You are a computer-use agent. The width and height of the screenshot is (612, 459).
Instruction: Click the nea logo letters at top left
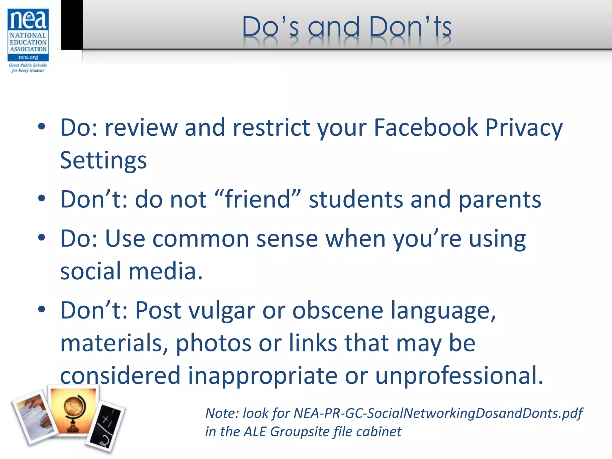[x=28, y=20]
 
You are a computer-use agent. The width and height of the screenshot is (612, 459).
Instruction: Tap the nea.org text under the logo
[x=28, y=57]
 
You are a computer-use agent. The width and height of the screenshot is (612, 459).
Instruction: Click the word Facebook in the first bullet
[x=426, y=128]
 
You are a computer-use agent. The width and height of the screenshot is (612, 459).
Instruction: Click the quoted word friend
[x=258, y=199]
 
